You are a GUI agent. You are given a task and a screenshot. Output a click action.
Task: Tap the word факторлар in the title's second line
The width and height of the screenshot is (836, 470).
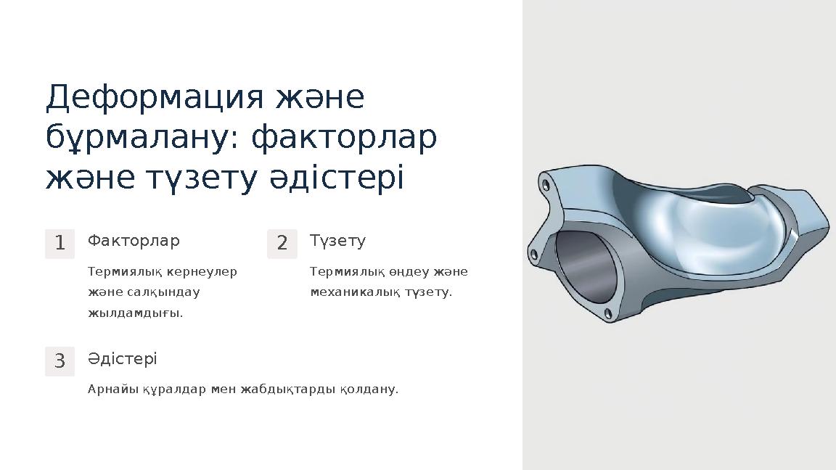point(344,137)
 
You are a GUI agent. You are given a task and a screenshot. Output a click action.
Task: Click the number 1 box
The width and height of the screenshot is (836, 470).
point(60,244)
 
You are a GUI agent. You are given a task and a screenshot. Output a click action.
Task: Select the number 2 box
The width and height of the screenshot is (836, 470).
point(282,244)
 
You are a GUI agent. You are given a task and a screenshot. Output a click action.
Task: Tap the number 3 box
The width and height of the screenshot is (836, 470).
point(60,360)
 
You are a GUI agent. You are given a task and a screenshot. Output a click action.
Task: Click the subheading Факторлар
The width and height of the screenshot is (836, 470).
point(134,240)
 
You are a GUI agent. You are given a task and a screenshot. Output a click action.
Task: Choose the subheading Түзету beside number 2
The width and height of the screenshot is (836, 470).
point(337,240)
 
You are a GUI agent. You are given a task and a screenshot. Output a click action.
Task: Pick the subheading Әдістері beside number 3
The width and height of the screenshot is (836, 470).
point(122,358)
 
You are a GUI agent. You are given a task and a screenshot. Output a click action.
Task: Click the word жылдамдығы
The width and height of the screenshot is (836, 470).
point(135,313)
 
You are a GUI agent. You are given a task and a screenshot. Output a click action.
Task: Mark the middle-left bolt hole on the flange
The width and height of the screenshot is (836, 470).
point(535,254)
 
